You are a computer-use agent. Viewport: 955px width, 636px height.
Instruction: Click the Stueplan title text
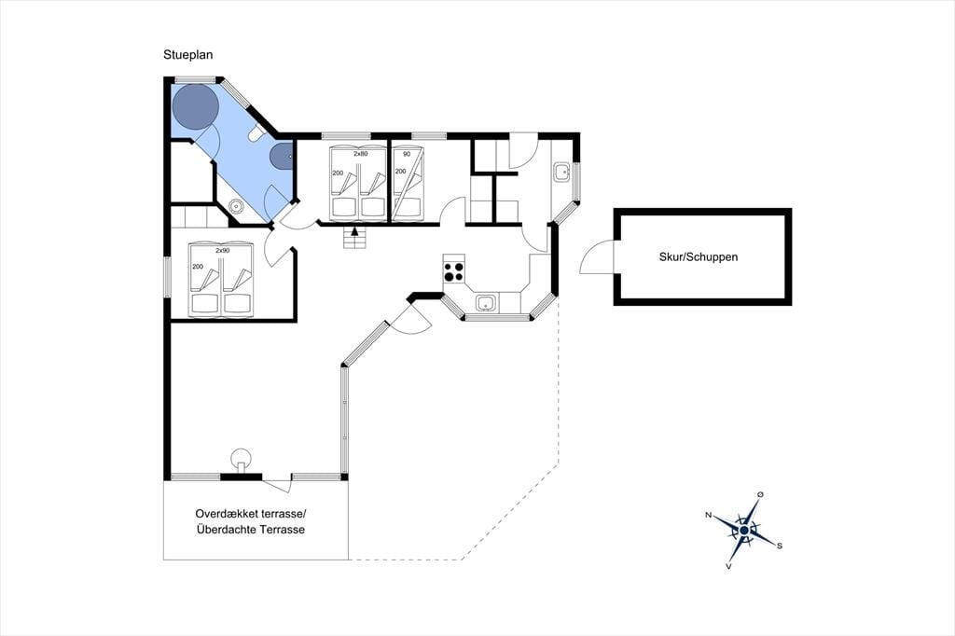pyautogui.click(x=187, y=55)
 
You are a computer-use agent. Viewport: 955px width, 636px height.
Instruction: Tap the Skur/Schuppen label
pyautogui.click(x=698, y=257)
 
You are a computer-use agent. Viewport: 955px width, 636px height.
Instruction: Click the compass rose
pyautogui.click(x=743, y=531)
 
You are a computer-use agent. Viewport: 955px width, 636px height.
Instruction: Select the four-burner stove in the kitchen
pyautogui.click(x=454, y=271)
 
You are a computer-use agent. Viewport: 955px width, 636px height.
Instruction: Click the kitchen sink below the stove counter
pyautogui.click(x=486, y=302)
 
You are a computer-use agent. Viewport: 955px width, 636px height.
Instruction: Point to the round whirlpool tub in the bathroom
pyautogui.click(x=195, y=106)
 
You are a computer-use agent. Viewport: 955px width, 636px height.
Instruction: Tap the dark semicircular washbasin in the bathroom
pyautogui.click(x=282, y=156)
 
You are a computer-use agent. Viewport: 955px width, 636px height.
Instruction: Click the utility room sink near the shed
pyautogui.click(x=561, y=172)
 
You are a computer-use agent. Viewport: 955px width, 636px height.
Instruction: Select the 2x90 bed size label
pyautogui.click(x=222, y=250)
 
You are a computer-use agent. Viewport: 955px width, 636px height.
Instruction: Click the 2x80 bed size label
pyautogui.click(x=361, y=154)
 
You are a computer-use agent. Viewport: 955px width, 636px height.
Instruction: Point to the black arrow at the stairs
pyautogui.click(x=355, y=230)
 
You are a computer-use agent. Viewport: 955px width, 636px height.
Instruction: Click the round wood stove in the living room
pyautogui.click(x=242, y=458)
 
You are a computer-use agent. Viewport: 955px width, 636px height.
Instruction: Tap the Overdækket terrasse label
pyautogui.click(x=250, y=514)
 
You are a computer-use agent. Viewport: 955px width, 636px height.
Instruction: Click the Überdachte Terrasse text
pyautogui.click(x=250, y=530)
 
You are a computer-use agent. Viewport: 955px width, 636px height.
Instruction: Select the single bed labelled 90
pyautogui.click(x=407, y=183)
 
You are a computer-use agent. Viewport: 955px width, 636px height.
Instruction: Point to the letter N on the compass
pyautogui.click(x=709, y=516)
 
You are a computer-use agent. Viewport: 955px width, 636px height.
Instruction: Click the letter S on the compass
pyautogui.click(x=779, y=546)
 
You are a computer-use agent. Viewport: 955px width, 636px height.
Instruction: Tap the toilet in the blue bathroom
pyautogui.click(x=256, y=133)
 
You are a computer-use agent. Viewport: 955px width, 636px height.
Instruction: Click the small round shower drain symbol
pyautogui.click(x=236, y=206)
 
